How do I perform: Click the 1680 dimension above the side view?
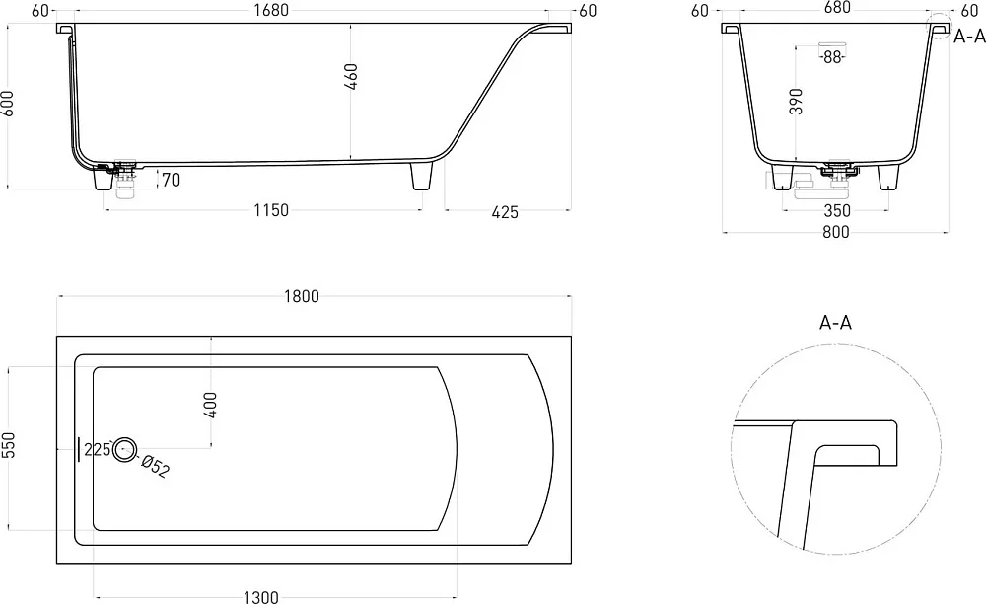pos(271,10)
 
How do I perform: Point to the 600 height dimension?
pos(8,103)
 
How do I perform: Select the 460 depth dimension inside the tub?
pos(352,76)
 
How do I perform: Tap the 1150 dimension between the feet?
pos(271,209)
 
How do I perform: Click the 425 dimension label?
pos(505,212)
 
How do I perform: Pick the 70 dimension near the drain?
pos(171,180)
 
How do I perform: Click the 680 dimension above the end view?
pos(837,8)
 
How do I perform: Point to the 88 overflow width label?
pos(832,57)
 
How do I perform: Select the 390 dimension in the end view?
pos(796,102)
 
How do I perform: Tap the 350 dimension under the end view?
pos(837,211)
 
